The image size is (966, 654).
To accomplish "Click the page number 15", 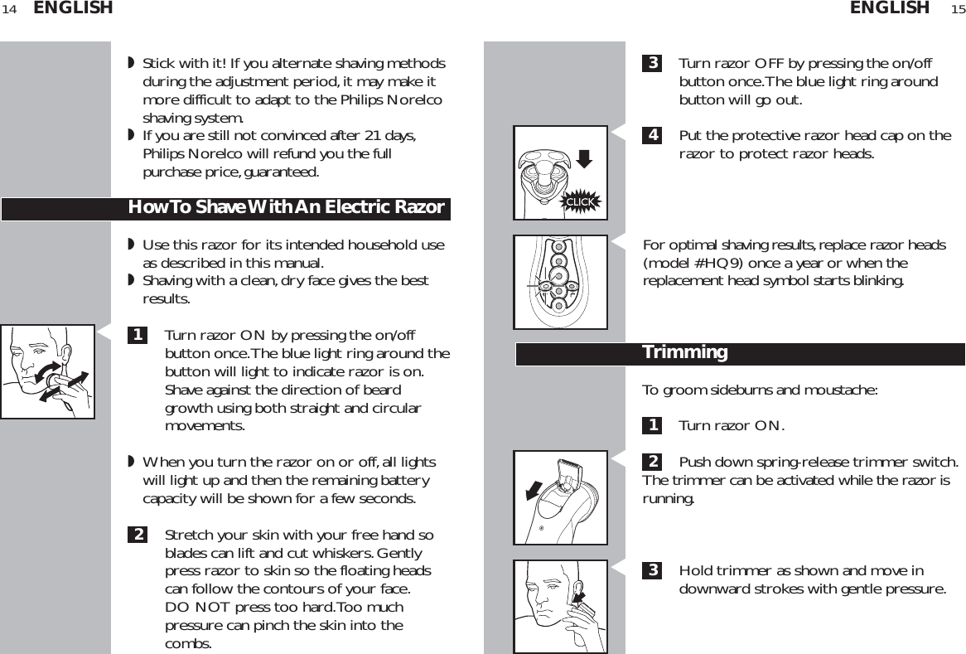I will click(x=957, y=9).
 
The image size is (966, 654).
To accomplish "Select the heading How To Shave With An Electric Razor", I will click(x=286, y=207).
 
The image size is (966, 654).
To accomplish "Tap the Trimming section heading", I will click(x=685, y=353).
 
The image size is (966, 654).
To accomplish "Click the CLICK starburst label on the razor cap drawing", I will click(x=580, y=201).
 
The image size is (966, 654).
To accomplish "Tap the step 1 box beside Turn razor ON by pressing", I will click(x=138, y=336).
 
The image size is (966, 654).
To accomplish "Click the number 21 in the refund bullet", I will click(x=380, y=136).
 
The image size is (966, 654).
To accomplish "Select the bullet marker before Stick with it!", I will click(x=131, y=64).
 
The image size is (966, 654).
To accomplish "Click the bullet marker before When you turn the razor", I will click(x=131, y=462).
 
